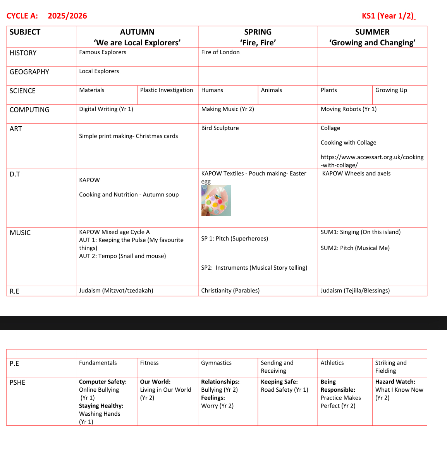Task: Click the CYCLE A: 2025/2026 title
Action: pos(47,16)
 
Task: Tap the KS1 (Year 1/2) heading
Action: pos(388,16)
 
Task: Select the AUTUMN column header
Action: pos(137,32)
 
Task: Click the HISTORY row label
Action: pos(23,53)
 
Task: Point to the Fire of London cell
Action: pos(220,52)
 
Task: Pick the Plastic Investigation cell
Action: pos(167,90)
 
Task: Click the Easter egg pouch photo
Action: pos(216,201)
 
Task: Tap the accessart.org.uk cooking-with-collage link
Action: pos(372,161)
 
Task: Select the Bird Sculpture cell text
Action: pos(220,128)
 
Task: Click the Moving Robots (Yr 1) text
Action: pos(349,109)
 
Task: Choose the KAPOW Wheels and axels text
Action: pos(356,174)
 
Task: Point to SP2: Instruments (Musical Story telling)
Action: pos(254,268)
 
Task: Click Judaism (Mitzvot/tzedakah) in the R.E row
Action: pos(116,291)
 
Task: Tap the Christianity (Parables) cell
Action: pos(230,291)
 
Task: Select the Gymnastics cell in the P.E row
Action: pos(216,363)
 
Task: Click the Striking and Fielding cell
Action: pos(391,367)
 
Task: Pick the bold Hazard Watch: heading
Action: pos(395,382)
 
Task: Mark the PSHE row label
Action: pos(17,383)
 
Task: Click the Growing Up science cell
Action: pos(391,90)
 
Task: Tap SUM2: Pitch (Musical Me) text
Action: pos(355,248)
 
